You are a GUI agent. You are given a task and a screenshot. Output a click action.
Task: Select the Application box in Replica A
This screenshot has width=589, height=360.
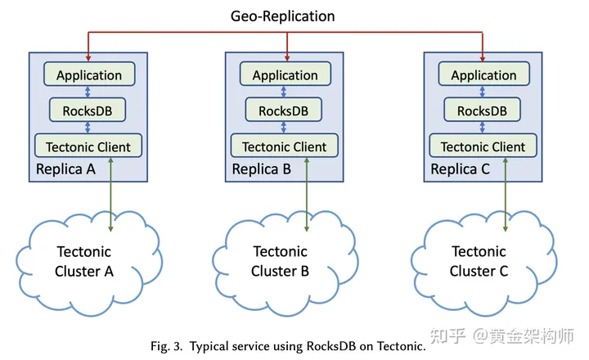click(x=89, y=75)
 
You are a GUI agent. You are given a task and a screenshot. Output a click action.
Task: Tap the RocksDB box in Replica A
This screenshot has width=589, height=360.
click(x=89, y=110)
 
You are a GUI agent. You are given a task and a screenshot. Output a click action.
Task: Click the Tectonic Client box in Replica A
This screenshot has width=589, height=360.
click(x=89, y=146)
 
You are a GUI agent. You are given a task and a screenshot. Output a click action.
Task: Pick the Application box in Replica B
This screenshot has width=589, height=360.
click(x=286, y=75)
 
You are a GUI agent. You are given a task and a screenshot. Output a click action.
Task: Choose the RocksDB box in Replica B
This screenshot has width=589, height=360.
click(x=286, y=110)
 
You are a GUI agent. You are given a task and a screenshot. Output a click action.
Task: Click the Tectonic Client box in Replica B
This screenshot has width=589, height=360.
click(x=286, y=146)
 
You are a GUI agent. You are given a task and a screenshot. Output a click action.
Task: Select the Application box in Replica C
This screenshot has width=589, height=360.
click(x=483, y=75)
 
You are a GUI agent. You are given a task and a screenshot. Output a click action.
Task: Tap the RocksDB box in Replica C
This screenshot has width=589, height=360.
click(x=483, y=110)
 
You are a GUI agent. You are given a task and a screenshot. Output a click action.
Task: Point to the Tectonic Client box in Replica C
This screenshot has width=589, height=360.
click(x=483, y=146)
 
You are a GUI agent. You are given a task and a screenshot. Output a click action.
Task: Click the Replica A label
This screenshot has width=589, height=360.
click(x=66, y=170)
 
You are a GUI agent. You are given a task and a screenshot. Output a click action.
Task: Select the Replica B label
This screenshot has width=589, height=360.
click(x=262, y=170)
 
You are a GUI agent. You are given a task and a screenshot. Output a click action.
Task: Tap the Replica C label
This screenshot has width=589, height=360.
click(x=461, y=170)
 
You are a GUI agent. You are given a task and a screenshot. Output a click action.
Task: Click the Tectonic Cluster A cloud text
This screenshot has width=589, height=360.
click(x=83, y=261)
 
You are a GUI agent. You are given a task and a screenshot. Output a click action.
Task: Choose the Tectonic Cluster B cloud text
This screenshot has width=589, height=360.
click(x=280, y=261)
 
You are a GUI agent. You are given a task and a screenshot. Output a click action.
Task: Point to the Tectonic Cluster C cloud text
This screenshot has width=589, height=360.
click(x=479, y=261)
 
